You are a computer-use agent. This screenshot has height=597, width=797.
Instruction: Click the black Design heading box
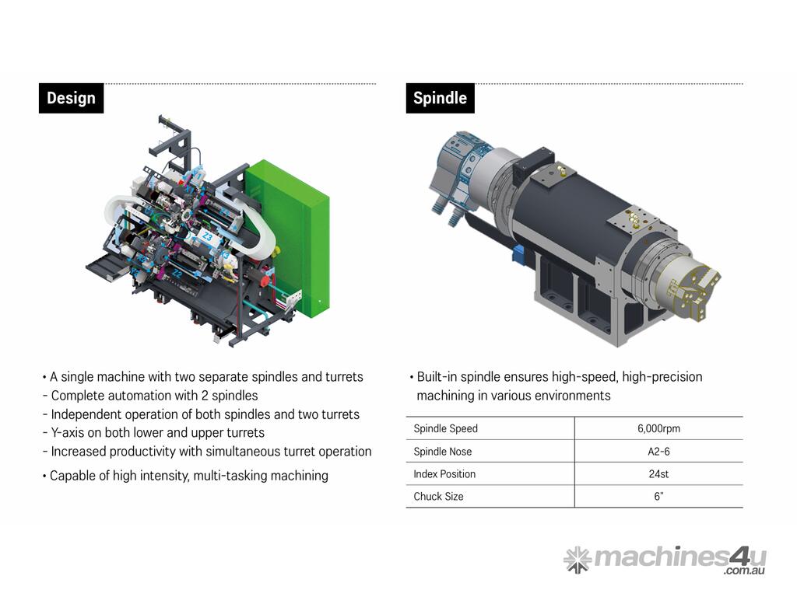71,98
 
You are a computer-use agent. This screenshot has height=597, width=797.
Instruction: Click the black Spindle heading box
441,98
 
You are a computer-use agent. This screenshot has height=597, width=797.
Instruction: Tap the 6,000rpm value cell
658,428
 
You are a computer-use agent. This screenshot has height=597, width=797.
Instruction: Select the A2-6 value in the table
658,452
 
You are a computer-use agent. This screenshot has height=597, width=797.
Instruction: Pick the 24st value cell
658,474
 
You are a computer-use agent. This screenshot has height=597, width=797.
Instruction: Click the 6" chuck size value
658,497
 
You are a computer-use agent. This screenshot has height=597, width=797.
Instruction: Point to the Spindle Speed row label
446,428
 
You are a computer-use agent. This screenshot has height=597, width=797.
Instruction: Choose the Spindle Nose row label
443,452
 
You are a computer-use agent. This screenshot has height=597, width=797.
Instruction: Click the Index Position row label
444,474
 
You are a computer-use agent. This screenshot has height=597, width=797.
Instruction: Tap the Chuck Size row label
439,497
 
